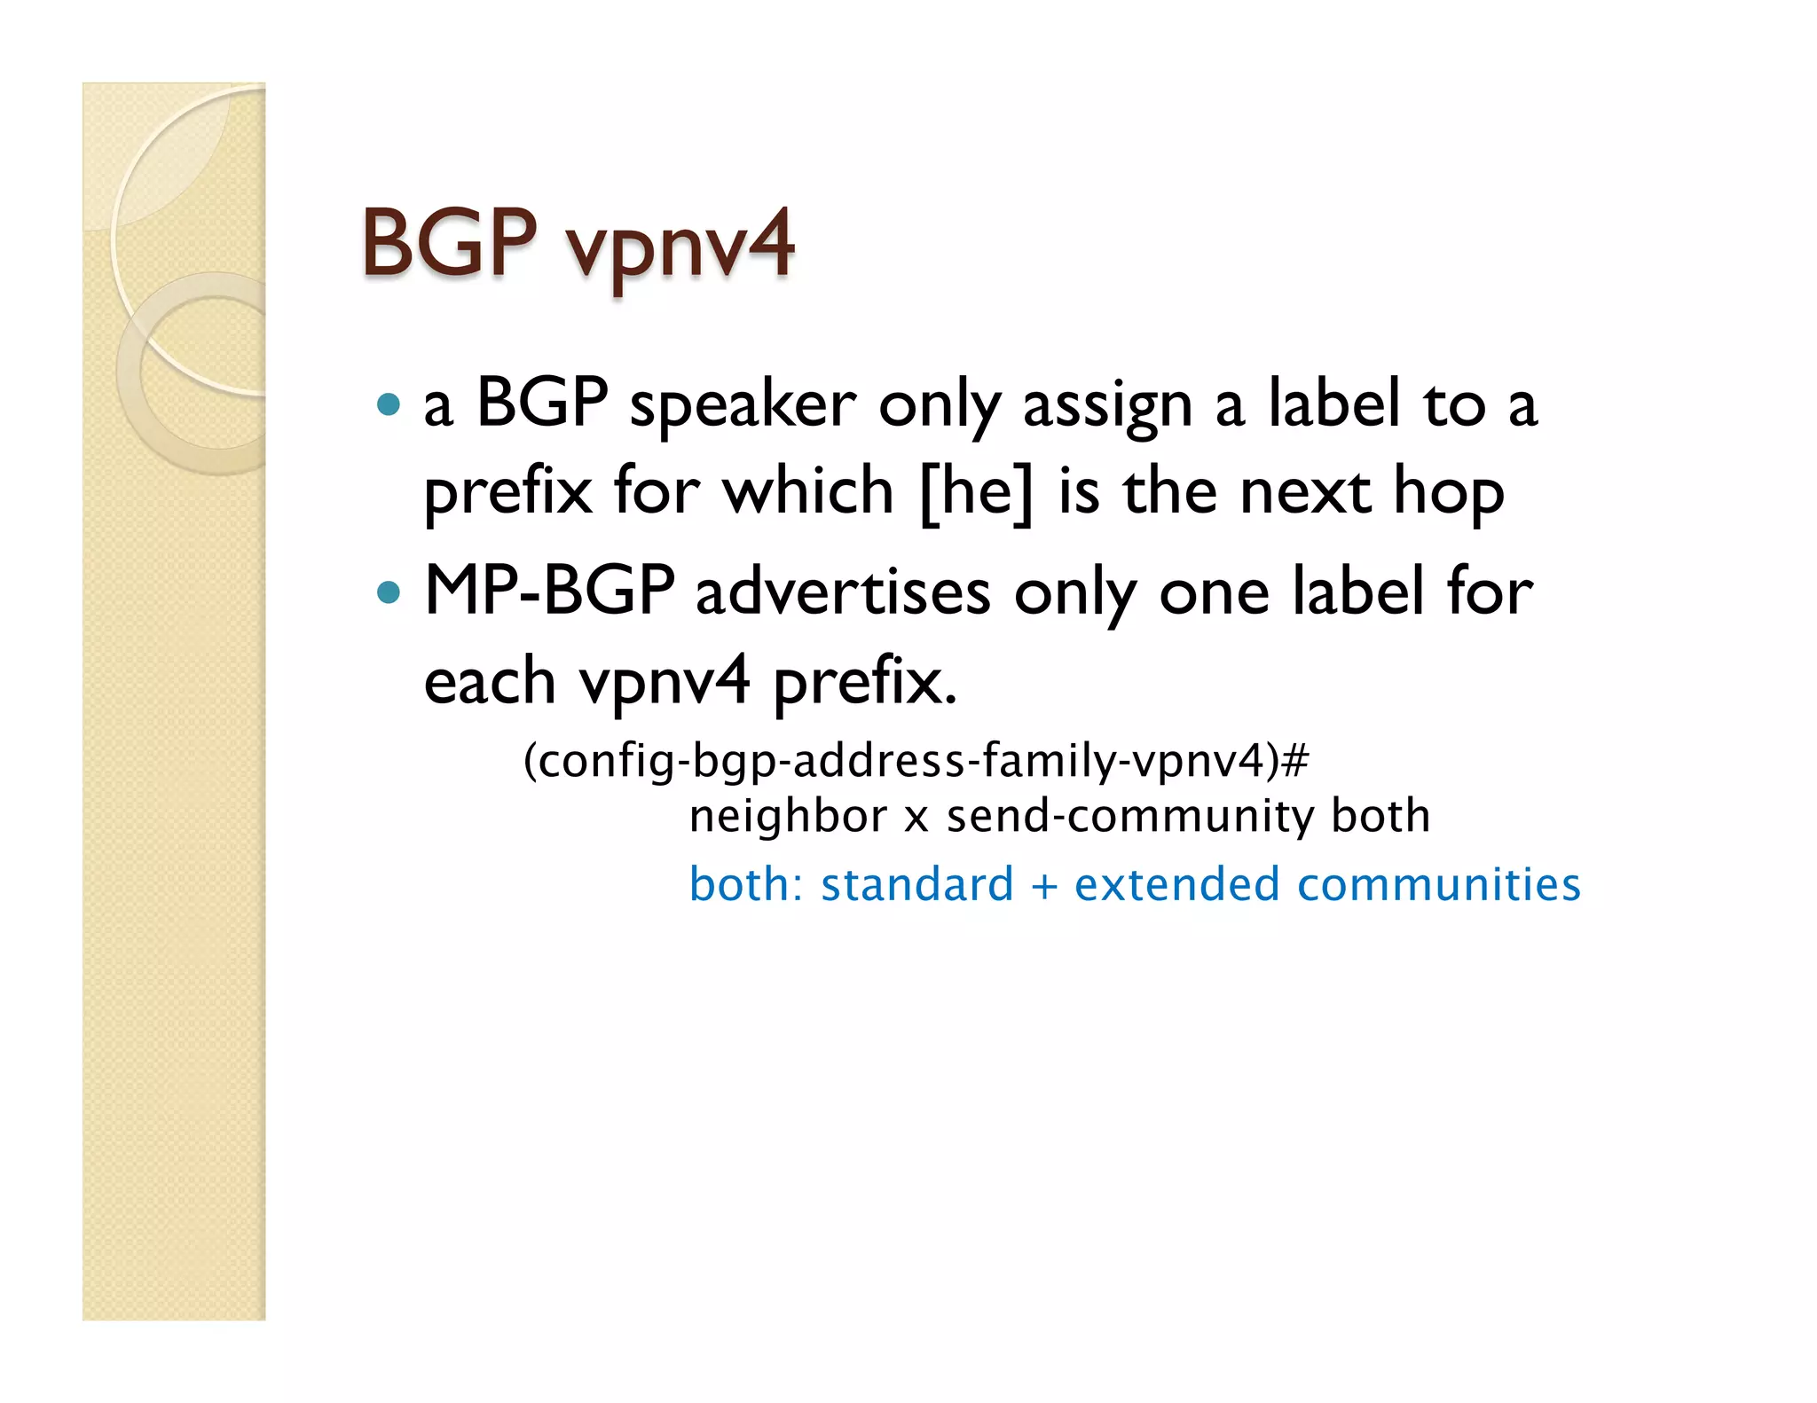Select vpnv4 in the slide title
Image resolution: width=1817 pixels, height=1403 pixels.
[680, 246]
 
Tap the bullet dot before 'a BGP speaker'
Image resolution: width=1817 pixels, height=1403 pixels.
[389, 405]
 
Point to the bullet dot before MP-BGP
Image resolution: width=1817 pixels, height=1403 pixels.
[389, 592]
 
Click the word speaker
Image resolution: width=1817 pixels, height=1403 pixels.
[743, 407]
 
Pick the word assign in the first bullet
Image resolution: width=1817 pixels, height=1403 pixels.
[1107, 407]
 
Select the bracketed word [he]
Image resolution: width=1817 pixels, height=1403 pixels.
[977, 492]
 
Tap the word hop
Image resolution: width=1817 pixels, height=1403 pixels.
[1448, 494]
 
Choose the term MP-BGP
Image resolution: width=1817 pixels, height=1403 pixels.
[549, 591]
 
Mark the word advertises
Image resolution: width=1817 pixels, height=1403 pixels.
[843, 592]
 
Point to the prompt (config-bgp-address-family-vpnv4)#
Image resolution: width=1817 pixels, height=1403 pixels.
[916, 761]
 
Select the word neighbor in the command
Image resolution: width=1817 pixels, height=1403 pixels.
[788, 816]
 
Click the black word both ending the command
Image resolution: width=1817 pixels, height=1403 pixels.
[1380, 816]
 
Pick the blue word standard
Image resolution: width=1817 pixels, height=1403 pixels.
[916, 885]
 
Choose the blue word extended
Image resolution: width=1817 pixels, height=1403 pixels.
[1176, 885]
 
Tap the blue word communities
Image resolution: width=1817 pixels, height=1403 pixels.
[1438, 885]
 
